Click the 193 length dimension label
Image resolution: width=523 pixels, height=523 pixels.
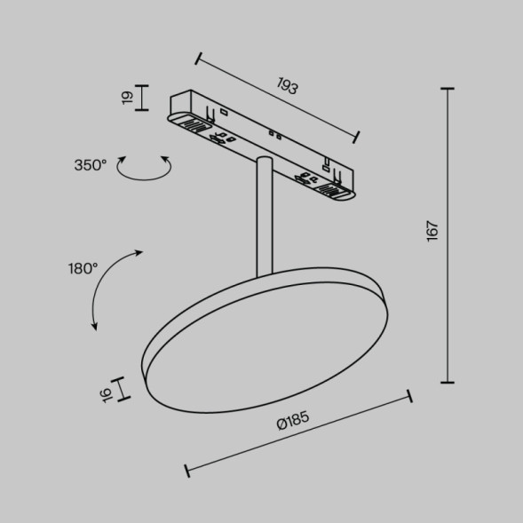[x=286, y=86]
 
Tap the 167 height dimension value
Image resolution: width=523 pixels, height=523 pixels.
[x=432, y=231]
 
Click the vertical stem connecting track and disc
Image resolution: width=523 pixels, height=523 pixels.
[x=263, y=218]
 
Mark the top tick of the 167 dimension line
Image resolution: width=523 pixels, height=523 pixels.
[x=447, y=89]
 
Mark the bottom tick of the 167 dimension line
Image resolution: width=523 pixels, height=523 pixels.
[x=447, y=382]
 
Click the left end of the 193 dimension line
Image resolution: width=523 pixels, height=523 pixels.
[x=199, y=59]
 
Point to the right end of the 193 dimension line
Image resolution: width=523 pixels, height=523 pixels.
[x=356, y=136]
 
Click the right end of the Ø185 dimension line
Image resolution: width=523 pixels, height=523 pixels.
[x=408, y=396]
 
